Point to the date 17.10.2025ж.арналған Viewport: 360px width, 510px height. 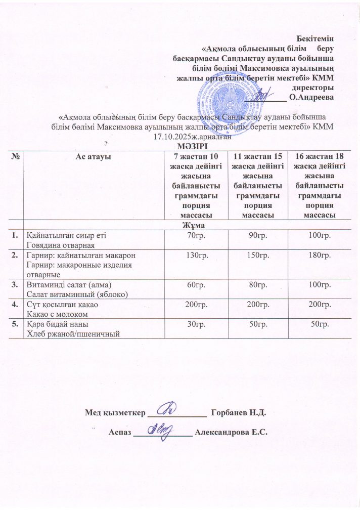(x=192, y=136)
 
